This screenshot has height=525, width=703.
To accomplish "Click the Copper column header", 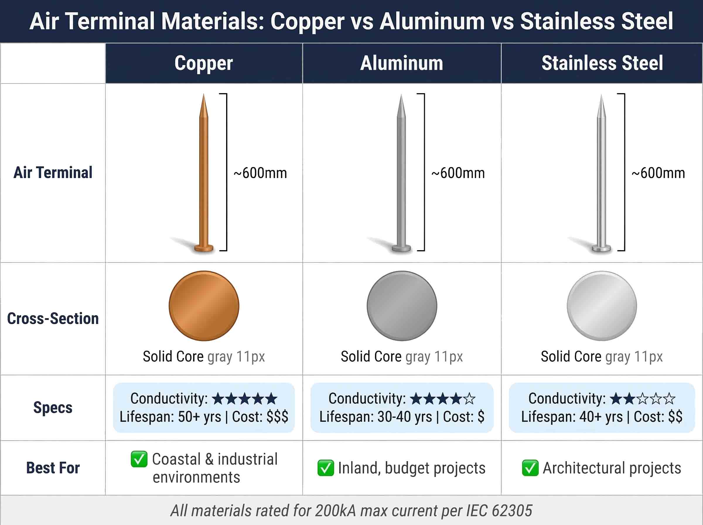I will click(204, 63).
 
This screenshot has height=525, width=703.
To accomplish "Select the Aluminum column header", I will click(402, 63).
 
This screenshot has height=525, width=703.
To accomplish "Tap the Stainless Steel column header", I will click(602, 63).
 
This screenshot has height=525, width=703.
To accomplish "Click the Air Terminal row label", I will click(53, 173).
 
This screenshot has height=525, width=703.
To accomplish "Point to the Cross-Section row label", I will click(53, 318).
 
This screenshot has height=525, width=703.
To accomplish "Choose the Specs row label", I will click(53, 408).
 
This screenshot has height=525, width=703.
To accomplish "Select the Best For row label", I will click(53, 468).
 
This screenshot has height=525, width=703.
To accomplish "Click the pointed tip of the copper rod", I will click(204, 95).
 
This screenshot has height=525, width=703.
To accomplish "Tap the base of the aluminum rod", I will click(402, 248).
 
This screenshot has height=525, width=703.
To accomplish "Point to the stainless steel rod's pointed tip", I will click(601, 96).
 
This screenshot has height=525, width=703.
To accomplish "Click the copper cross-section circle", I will click(204, 306).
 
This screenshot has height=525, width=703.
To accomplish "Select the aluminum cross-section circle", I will click(402, 306).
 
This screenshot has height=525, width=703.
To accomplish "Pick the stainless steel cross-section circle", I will click(602, 306).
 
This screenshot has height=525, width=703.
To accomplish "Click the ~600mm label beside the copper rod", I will click(260, 173).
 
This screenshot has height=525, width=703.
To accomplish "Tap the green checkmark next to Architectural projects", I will click(530, 468).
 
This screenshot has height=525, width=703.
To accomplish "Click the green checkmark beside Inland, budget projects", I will click(325, 468).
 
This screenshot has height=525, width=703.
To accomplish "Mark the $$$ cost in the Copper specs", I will click(277, 417).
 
